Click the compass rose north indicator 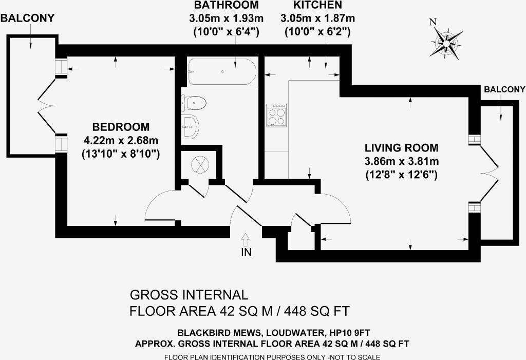point(446,43)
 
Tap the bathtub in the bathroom point(222,72)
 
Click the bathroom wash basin point(190,126)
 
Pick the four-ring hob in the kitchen point(276,115)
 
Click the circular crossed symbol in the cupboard point(200,164)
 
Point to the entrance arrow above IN point(246,239)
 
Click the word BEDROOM point(121,127)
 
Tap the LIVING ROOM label point(402,147)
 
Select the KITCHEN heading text point(317,5)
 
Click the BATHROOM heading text point(227,5)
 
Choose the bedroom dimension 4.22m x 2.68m point(121,140)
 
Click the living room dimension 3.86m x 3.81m point(402,161)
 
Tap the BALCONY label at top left point(28,18)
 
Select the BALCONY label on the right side point(504,89)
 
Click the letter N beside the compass point(433,22)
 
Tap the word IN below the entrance point(246,252)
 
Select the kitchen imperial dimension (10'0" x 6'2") point(317,32)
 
